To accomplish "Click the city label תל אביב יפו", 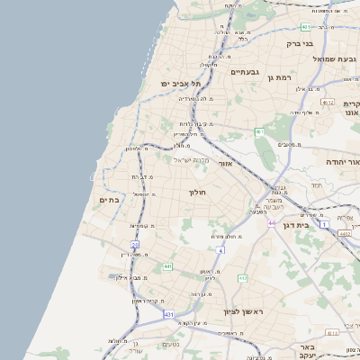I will [x=178, y=83].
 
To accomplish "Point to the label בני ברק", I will [x=299, y=42].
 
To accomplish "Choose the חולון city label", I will [x=198, y=193].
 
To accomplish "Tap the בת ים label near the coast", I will [x=109, y=200].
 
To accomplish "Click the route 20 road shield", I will [x=135, y=244].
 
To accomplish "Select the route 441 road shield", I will [x=168, y=266].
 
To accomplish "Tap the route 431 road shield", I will [x=168, y=314].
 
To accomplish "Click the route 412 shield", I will [x=242, y=278].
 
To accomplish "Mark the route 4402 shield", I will [x=345, y=233].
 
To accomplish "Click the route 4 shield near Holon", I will [x=220, y=249].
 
